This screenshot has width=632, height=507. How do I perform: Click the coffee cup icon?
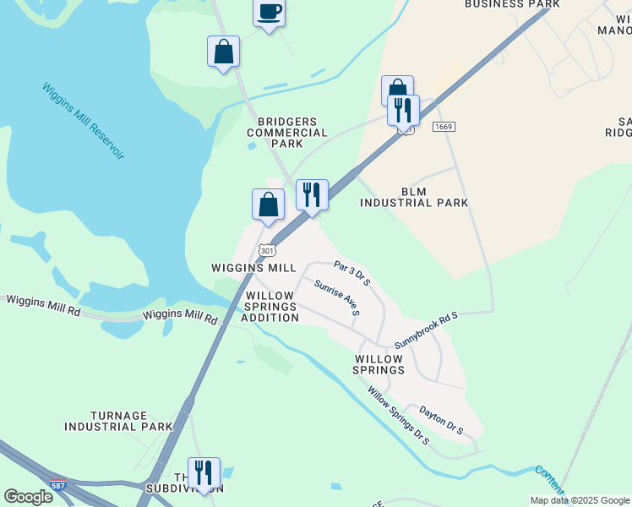(269, 13)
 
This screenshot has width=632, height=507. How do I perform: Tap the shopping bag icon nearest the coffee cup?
(223, 52)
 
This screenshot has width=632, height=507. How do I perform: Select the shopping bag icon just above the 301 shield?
(268, 204)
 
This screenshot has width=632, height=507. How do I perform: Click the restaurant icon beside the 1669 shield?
(403, 109)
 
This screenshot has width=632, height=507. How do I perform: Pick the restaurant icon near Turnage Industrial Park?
(204, 473)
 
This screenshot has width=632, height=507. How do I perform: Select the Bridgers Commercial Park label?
(287, 133)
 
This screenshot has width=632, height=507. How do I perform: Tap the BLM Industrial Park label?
(414, 197)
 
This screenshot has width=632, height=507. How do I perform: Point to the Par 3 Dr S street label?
(352, 273)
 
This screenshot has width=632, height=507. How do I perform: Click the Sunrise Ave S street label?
(337, 298)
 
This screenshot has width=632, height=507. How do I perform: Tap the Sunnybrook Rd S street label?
(426, 330)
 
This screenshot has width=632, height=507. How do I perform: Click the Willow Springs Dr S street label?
(398, 415)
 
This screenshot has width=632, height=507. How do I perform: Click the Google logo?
(28, 497)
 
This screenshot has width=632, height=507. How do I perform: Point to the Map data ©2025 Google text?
(580, 500)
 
